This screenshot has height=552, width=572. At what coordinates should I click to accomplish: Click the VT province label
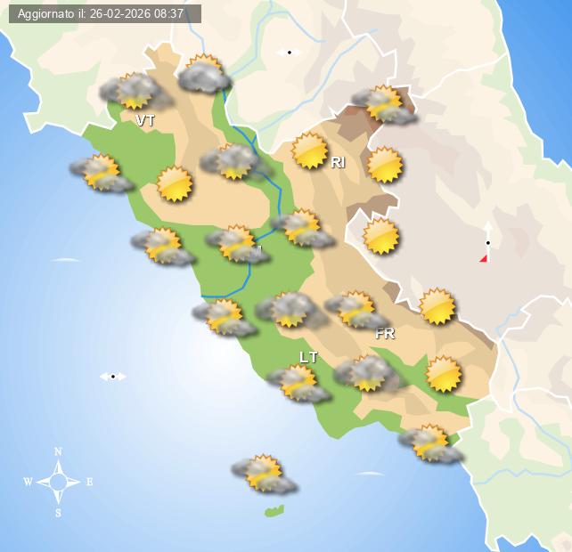point(145,119)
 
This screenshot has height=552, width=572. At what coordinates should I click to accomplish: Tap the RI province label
point(338,162)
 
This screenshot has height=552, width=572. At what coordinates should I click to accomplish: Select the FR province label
point(385,334)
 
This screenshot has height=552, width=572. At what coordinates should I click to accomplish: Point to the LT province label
point(308,357)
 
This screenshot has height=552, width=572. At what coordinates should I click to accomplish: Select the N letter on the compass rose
point(58,451)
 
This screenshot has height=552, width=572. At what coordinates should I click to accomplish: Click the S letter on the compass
point(58,512)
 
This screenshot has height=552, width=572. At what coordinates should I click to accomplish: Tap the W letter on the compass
point(28,482)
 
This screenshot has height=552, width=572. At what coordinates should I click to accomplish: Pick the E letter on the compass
point(89,482)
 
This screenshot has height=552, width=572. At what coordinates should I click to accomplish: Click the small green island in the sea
point(274,511)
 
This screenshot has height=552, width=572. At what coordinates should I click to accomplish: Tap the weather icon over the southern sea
point(264,474)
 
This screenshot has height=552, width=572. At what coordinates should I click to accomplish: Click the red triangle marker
point(484,258)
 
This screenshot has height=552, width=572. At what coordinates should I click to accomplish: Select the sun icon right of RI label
point(385,165)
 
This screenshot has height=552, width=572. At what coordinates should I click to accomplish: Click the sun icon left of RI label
point(310,150)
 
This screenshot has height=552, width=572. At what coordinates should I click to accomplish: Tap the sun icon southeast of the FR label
point(444,374)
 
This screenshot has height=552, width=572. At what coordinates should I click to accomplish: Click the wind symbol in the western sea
point(113,377)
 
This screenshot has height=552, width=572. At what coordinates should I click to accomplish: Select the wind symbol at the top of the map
point(289,53)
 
